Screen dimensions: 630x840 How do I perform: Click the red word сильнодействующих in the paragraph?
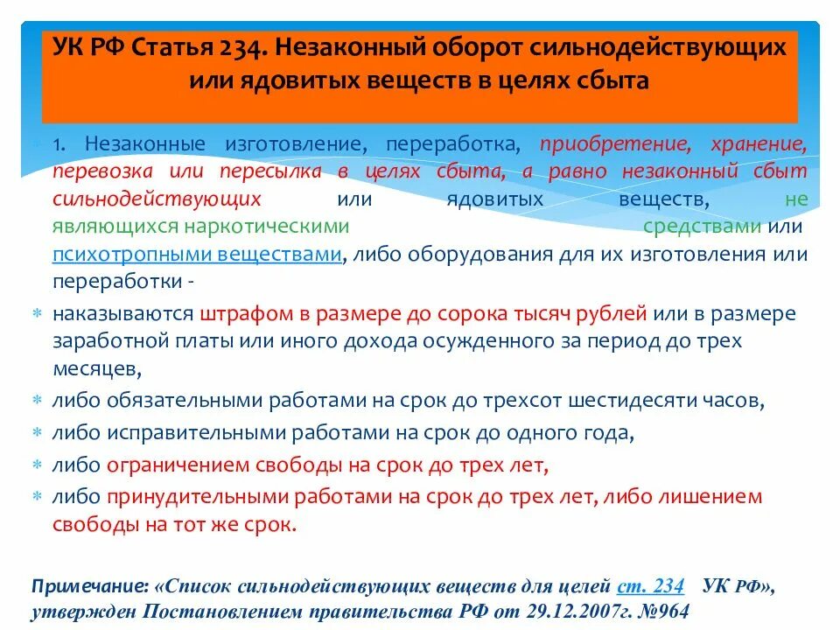point(157,199)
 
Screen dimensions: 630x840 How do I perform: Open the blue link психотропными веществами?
point(197,255)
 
